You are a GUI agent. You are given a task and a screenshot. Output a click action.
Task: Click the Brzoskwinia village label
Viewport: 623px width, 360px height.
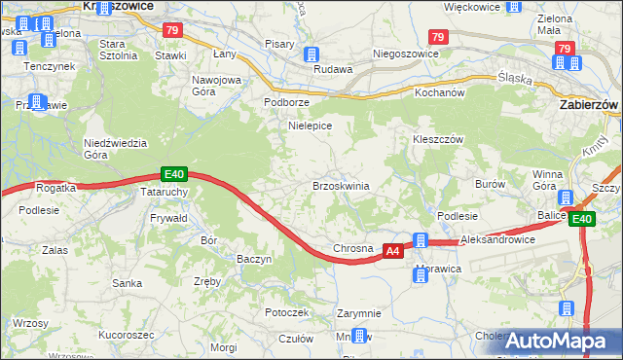(340, 185)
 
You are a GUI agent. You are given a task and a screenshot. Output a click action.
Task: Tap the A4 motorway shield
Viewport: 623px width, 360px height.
(392, 251)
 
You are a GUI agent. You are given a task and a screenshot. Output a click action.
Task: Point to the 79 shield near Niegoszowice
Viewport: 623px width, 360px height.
(437, 37)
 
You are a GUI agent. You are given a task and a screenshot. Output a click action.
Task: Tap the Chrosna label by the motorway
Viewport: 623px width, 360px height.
(353, 249)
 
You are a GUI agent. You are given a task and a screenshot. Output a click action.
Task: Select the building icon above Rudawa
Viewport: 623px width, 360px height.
(311, 54)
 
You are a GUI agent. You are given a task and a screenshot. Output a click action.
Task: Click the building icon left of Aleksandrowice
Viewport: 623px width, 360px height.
(421, 240)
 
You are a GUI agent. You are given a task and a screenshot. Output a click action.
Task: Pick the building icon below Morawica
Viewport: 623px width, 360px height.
(421, 275)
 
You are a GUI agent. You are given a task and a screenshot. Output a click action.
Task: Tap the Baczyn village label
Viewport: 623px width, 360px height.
(254, 259)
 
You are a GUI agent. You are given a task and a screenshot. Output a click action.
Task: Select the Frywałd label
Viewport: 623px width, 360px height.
(169, 219)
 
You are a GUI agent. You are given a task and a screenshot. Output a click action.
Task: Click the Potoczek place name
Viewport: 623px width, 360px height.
(287, 312)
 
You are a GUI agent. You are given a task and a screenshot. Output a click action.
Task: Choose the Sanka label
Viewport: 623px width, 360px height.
(127, 284)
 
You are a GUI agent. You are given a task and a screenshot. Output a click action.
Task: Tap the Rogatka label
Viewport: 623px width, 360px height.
(55, 188)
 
